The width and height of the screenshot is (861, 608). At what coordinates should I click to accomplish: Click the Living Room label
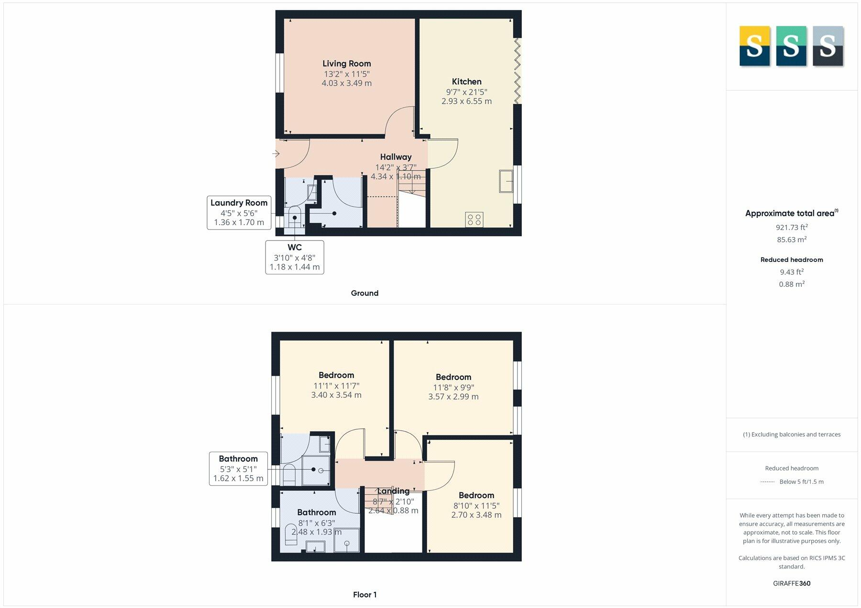[346, 64]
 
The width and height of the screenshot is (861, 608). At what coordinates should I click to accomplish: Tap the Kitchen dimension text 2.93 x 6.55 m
[466, 101]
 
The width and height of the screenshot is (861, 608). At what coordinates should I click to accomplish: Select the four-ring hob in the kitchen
[474, 220]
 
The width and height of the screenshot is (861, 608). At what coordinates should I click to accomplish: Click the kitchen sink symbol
[506, 181]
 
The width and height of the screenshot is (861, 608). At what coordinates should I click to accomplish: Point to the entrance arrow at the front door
[276, 153]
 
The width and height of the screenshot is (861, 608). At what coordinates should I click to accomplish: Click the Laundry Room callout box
[239, 213]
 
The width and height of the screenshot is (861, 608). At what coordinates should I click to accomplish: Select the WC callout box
[295, 257]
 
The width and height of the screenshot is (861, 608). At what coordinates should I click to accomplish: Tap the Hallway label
[396, 157]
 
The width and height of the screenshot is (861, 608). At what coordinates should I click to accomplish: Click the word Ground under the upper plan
[364, 293]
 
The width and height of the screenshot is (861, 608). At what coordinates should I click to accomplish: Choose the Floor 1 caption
[364, 595]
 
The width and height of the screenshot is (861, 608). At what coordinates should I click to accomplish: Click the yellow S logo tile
[754, 46]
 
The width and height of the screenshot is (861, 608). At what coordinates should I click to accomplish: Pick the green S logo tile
[791, 46]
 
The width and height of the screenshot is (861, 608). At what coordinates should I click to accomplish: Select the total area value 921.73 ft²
[792, 228]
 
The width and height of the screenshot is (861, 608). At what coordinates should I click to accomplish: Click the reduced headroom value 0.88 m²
[792, 284]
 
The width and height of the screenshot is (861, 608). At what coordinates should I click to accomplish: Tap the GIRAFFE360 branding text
[792, 583]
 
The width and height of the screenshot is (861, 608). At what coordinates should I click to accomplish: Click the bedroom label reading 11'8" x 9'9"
[453, 387]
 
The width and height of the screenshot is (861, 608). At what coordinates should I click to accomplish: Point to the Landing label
[393, 491]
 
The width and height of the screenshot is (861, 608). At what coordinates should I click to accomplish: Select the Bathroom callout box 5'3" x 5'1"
[238, 468]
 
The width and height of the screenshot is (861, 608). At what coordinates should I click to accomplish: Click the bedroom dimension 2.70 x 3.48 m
[476, 515]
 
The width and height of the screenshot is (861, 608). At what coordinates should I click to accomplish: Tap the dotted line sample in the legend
[767, 482]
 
